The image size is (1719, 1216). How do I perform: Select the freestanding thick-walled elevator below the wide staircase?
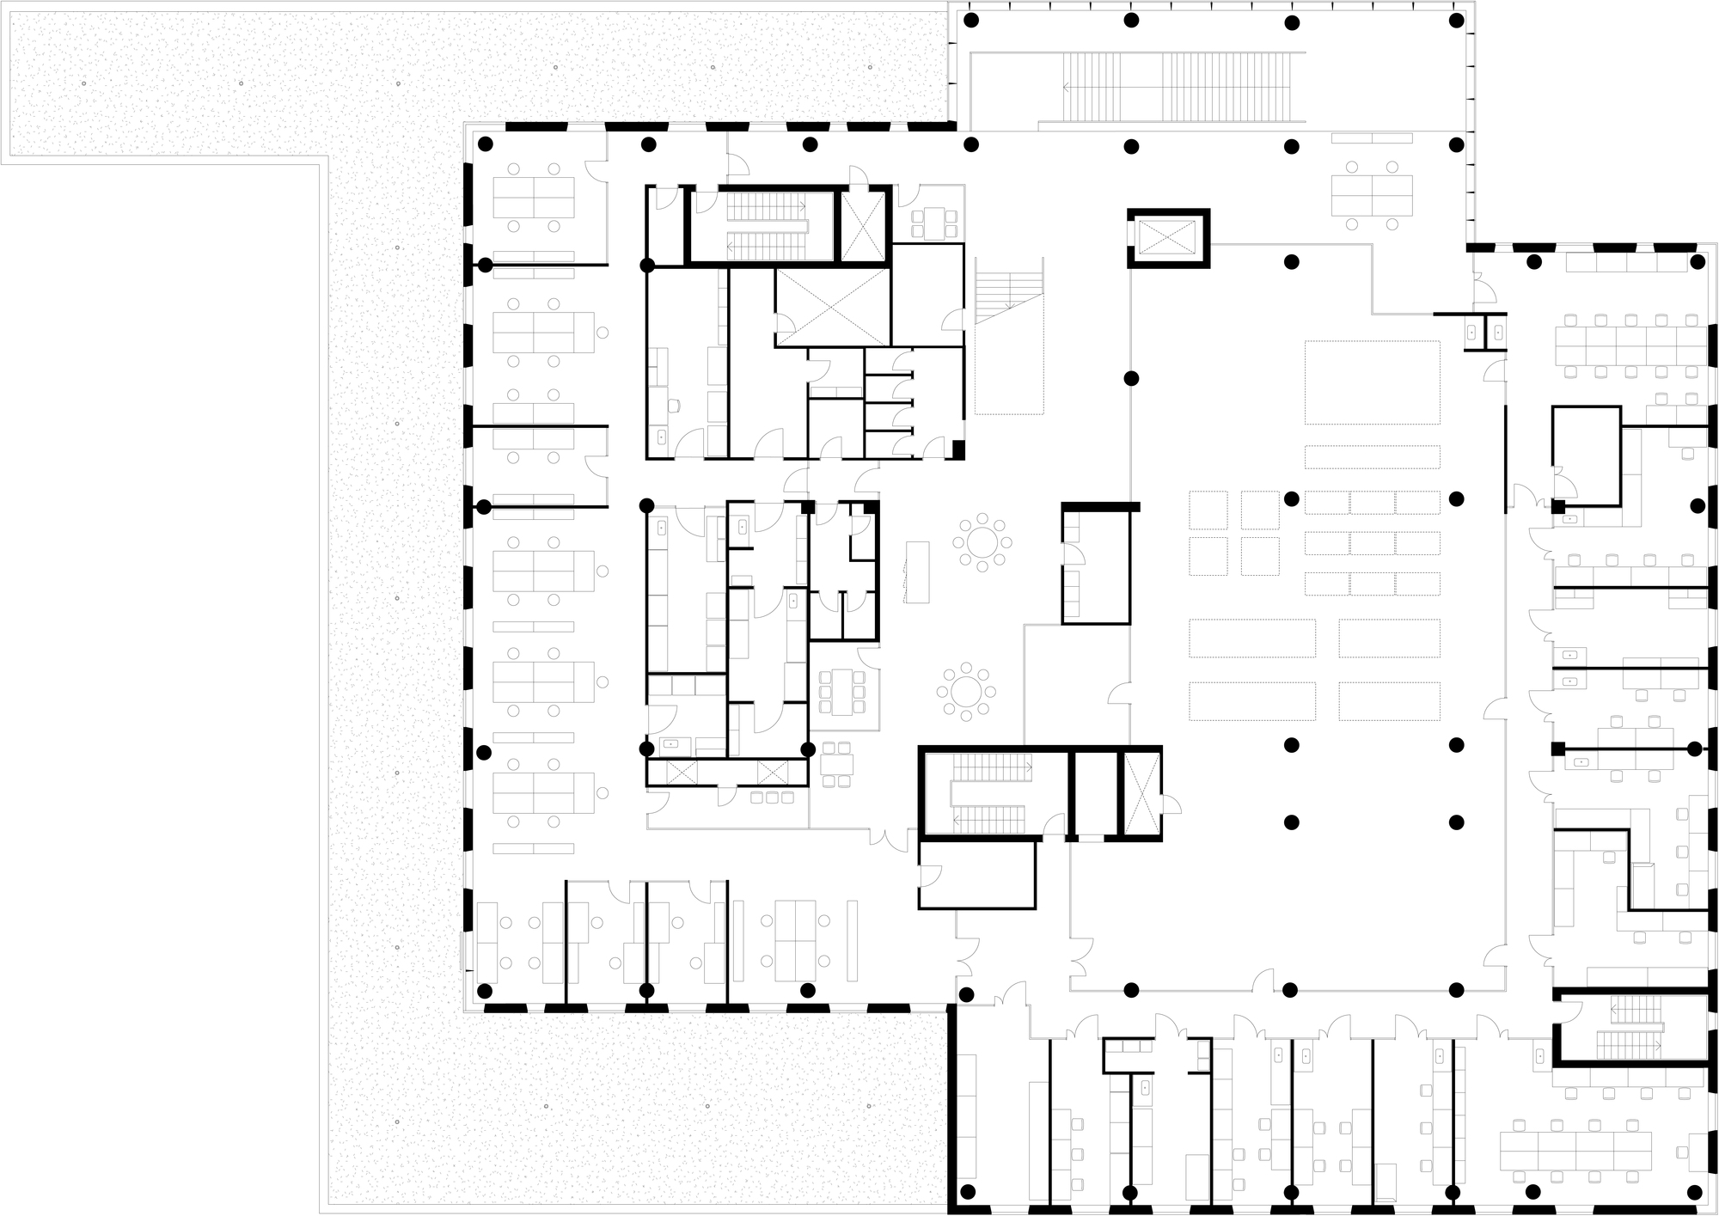1168,238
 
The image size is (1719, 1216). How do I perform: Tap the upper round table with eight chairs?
982,542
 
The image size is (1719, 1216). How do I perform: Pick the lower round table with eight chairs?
967,690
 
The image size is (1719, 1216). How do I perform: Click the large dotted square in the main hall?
1372,382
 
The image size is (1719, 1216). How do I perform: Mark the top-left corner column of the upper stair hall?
971,20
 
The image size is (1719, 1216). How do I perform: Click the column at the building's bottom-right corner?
1694,1192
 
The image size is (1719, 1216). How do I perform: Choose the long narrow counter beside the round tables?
918,572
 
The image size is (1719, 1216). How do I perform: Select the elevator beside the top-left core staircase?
862,226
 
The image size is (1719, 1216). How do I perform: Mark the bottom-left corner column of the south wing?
969,1192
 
